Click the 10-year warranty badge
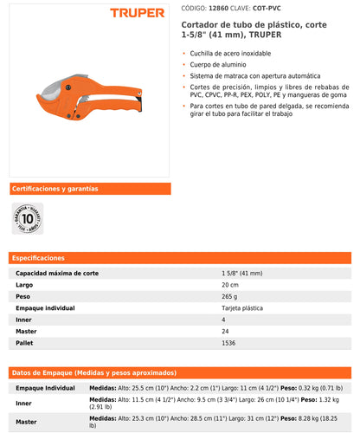pyautogui.click(x=28, y=219)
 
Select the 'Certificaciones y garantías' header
pyautogui.click(x=54, y=188)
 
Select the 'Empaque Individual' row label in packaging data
pyautogui.click(x=45, y=388)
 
